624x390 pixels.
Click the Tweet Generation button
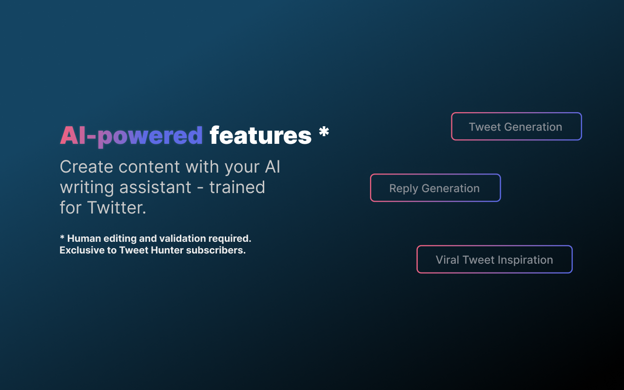516,126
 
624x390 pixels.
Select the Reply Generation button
435,188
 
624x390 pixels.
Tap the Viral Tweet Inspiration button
494,259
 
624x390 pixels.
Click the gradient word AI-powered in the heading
132,136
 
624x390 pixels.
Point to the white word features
260,136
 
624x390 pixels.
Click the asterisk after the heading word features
324,131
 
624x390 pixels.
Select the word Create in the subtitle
87,167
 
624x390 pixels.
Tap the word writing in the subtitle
87,187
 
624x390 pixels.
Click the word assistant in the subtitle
155,187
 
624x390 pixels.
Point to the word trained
237,187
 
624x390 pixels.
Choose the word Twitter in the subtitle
117,208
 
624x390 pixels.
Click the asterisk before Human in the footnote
62,237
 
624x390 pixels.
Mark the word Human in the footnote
84,238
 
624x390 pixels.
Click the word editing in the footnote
120,239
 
